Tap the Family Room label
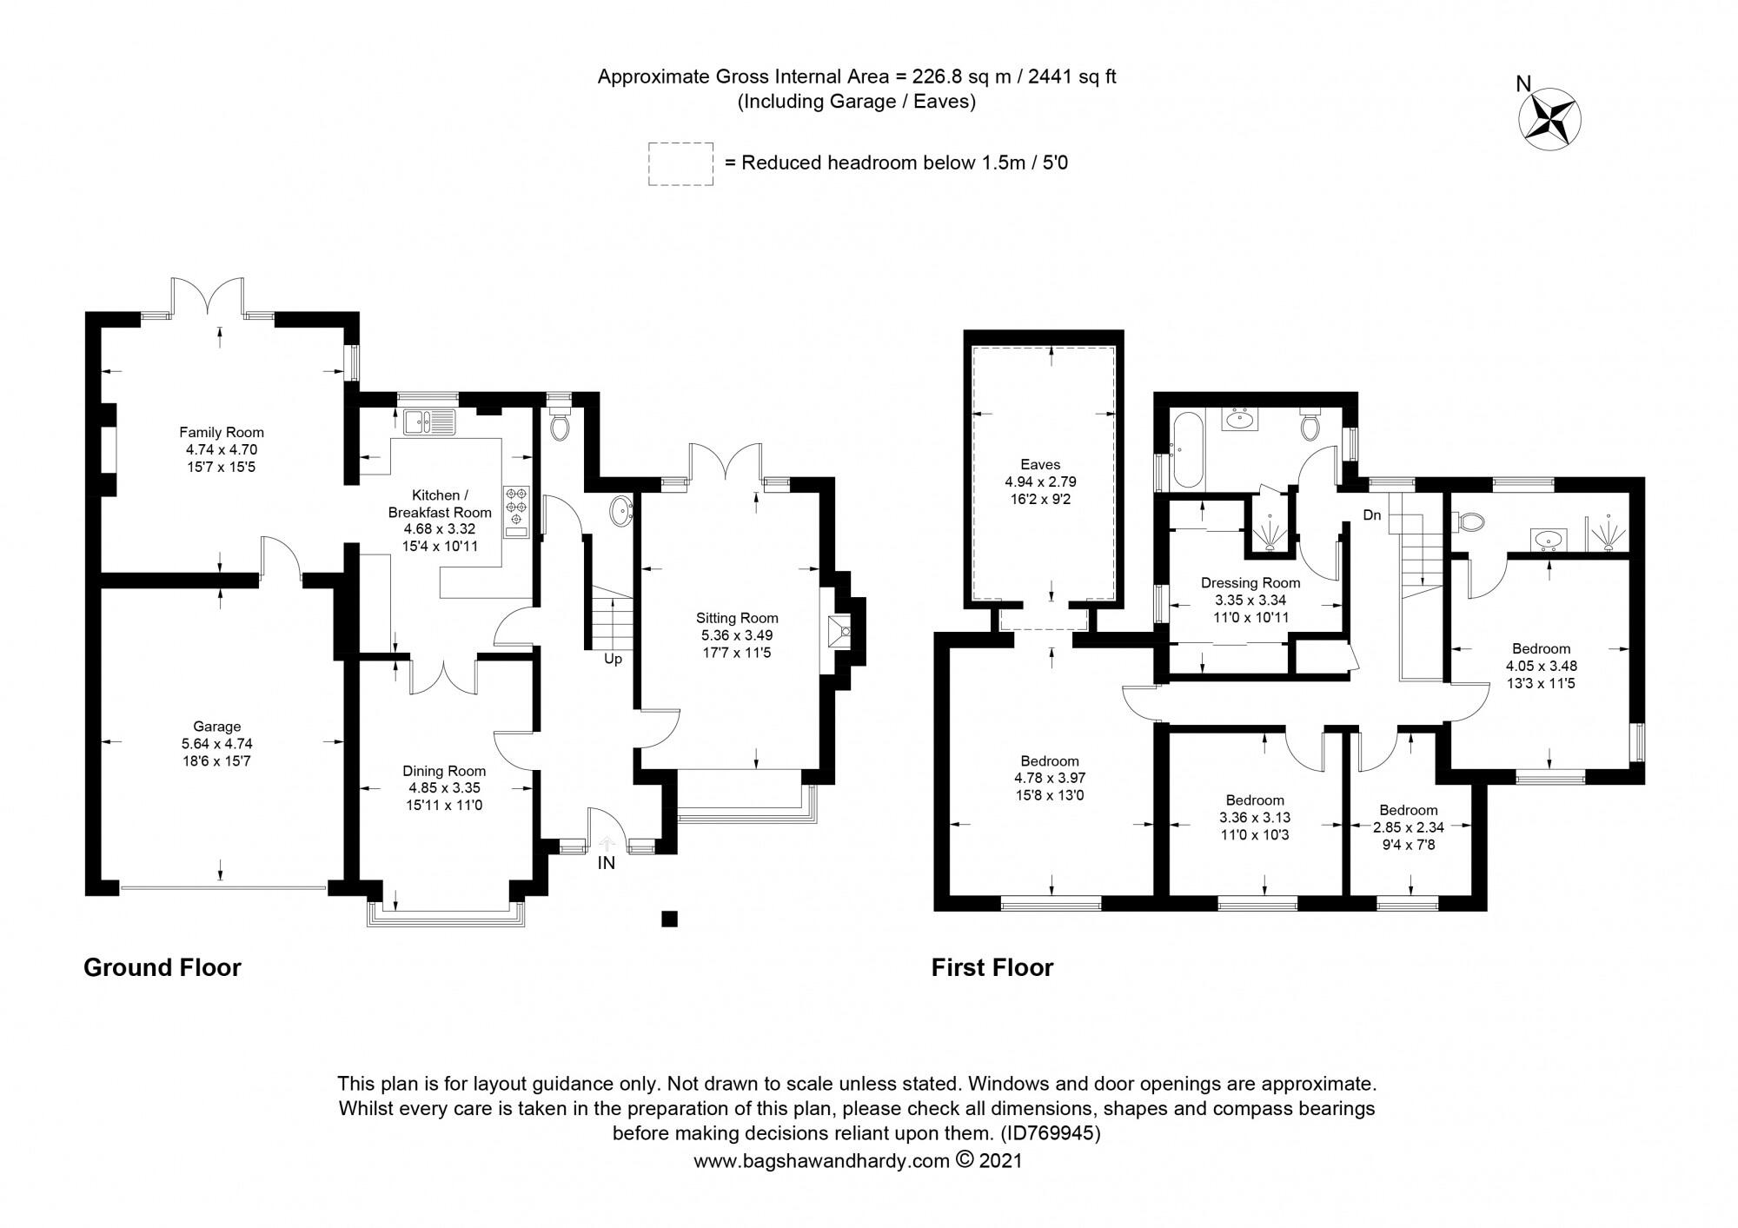221,432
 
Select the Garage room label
216,727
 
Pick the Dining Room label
444,771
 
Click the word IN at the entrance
606,863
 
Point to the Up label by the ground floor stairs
613,660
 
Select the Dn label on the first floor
1372,516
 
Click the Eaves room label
1040,465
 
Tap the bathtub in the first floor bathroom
1185,450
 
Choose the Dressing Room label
1250,583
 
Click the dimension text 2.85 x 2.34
1408,827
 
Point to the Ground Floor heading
162,968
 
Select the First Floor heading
992,968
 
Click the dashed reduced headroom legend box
680,163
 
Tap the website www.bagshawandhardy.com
820,1161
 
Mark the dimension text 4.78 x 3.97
1050,778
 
